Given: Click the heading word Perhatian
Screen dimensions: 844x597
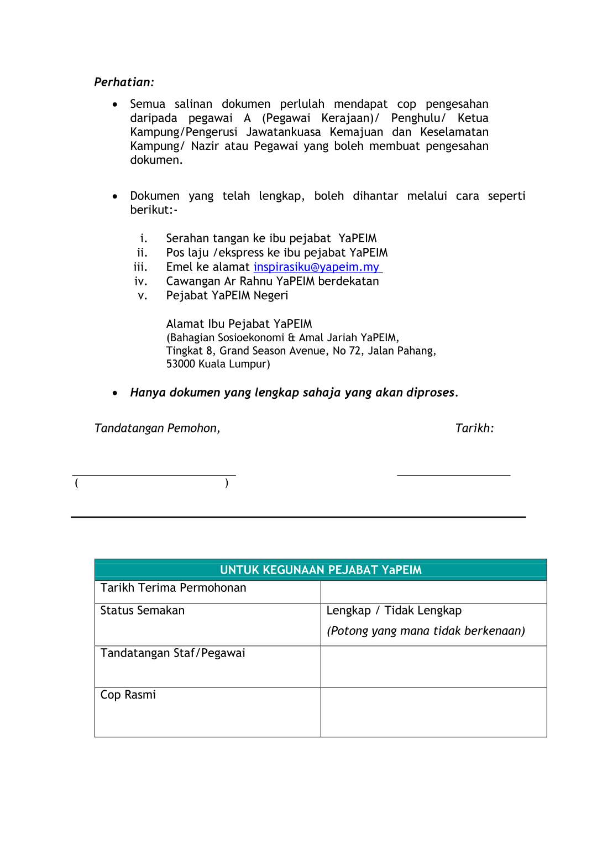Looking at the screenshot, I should [123, 82].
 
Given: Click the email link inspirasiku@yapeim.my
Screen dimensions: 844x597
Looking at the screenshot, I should [317, 267].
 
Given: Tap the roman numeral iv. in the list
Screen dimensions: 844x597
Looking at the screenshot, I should [140, 282].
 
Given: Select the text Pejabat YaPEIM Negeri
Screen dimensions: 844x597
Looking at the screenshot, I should [227, 295].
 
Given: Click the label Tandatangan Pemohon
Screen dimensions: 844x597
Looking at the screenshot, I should [157, 428].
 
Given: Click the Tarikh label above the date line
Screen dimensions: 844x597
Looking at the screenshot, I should [474, 428].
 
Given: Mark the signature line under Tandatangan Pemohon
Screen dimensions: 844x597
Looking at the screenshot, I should [154, 475].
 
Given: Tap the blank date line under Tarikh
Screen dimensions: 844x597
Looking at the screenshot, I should [453, 475].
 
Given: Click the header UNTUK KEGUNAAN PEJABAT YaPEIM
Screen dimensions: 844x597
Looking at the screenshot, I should [321, 570].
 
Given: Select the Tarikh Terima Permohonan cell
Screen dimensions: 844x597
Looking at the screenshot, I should [173, 588].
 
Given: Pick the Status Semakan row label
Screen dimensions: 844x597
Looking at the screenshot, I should [143, 611].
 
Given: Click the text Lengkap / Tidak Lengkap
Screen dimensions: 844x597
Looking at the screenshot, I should [394, 611].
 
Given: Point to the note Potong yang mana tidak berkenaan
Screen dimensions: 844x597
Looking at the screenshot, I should [426, 631].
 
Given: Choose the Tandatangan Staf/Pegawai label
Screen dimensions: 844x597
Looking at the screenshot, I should [172, 653].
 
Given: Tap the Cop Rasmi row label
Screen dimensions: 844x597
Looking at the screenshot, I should [128, 695].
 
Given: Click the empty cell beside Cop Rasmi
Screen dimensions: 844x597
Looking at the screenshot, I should [433, 712].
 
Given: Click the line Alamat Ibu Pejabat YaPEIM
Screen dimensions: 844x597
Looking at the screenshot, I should [239, 324].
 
